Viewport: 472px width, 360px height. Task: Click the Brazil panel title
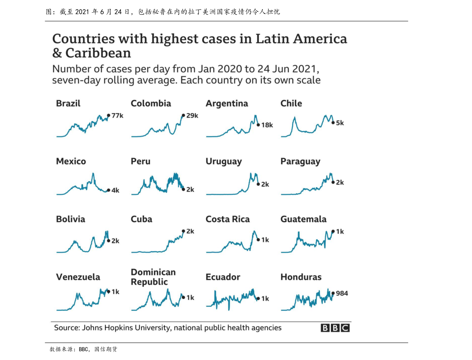pos(68,103)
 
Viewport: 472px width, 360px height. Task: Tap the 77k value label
pos(118,116)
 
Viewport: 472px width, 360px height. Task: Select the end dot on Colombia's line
pos(183,115)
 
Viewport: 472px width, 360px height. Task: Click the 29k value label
pos(192,116)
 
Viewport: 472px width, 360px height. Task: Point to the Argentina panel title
pos(227,103)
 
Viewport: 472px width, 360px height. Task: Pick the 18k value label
pos(267,125)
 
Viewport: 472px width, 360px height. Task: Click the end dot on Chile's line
pos(333,123)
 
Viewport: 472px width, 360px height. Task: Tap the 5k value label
pos(340,123)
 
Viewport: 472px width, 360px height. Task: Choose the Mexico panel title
pos(71,161)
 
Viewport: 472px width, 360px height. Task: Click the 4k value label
pos(115,190)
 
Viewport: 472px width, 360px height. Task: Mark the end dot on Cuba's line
pos(183,231)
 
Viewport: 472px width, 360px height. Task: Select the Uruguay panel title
pos(224,161)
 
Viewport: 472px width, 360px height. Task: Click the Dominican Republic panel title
pos(153,277)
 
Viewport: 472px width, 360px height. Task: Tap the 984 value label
pos(342,293)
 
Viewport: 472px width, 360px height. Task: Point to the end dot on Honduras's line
pos(333,293)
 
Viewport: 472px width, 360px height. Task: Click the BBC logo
pos(335,328)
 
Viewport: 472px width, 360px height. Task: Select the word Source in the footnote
pos(67,328)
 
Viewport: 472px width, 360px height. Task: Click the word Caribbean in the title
pos(98,53)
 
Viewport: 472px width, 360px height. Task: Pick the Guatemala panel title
pos(304,219)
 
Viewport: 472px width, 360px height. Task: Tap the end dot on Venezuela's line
pos(108,291)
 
